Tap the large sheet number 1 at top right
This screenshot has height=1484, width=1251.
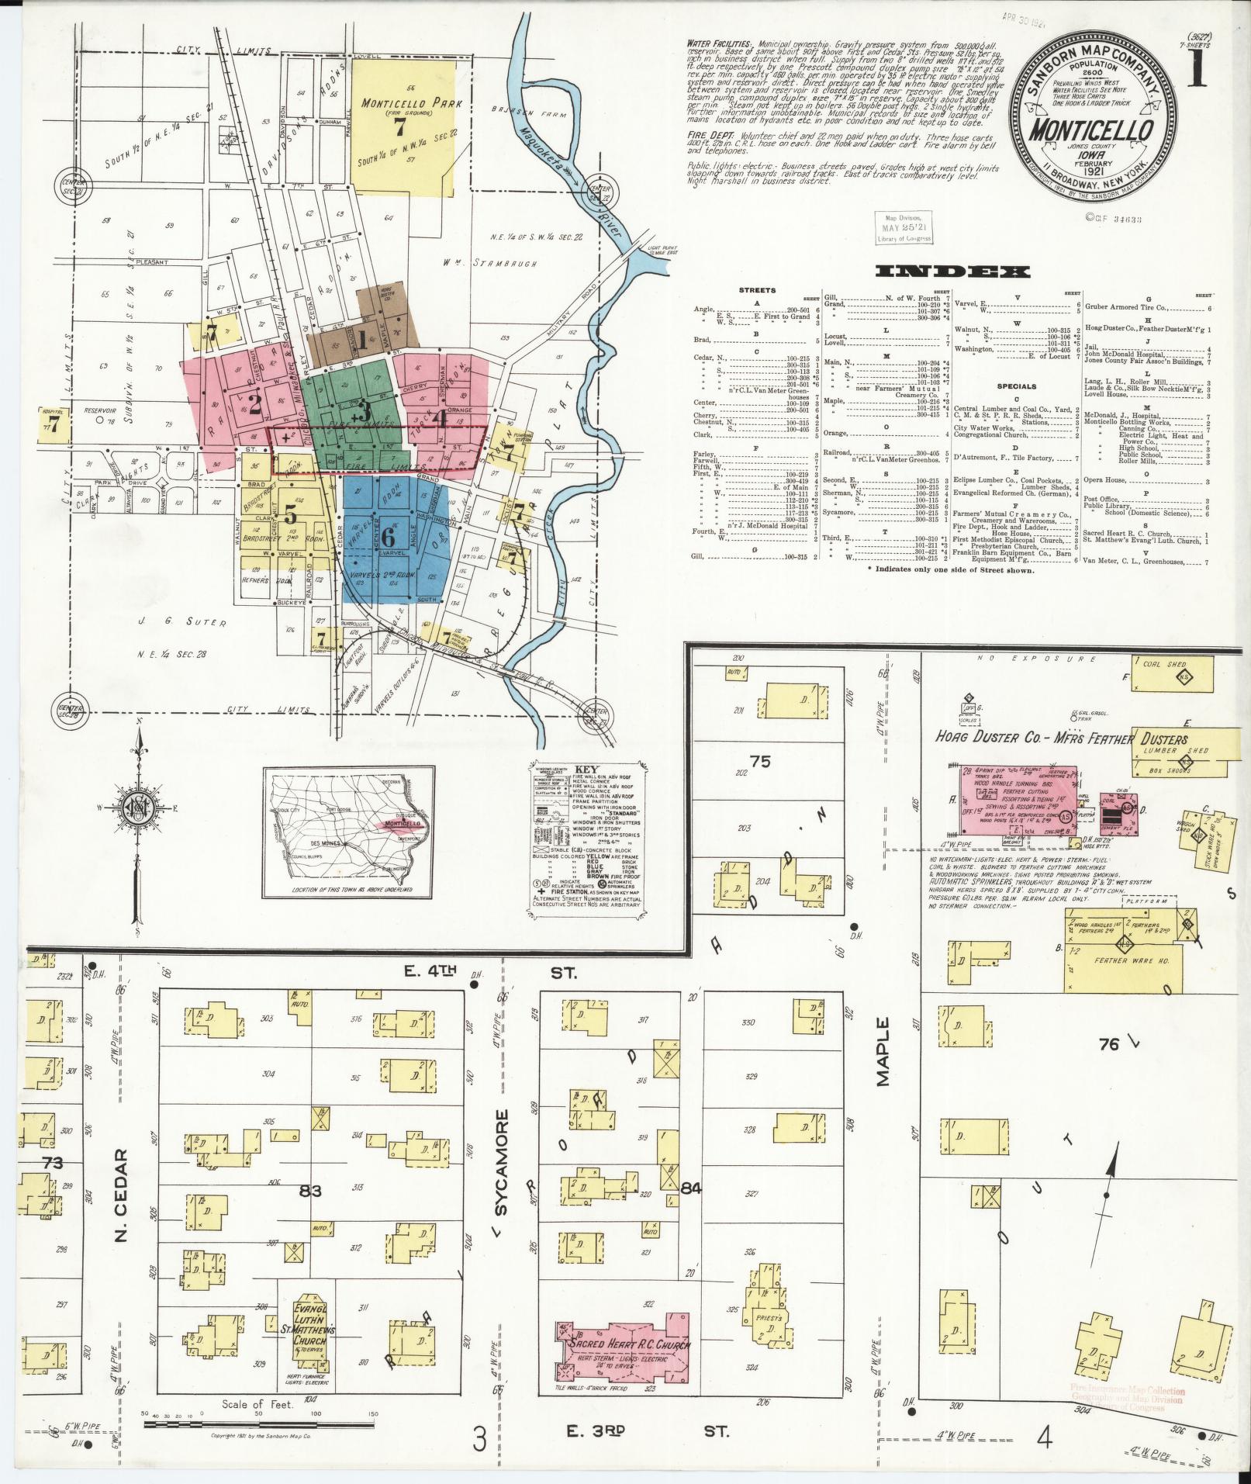1198,67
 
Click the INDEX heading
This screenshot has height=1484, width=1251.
952,272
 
